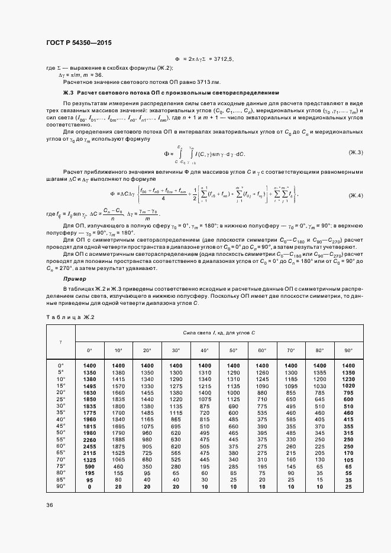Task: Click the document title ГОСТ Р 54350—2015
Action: click(x=79, y=43)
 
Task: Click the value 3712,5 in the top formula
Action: click(x=222, y=60)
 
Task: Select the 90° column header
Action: click(x=348, y=350)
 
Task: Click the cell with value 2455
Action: click(x=89, y=447)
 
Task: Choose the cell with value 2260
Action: click(x=89, y=440)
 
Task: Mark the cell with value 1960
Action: click(x=89, y=419)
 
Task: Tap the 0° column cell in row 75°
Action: click(x=89, y=467)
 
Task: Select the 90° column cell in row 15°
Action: click(x=348, y=385)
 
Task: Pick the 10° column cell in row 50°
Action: click(x=118, y=433)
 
